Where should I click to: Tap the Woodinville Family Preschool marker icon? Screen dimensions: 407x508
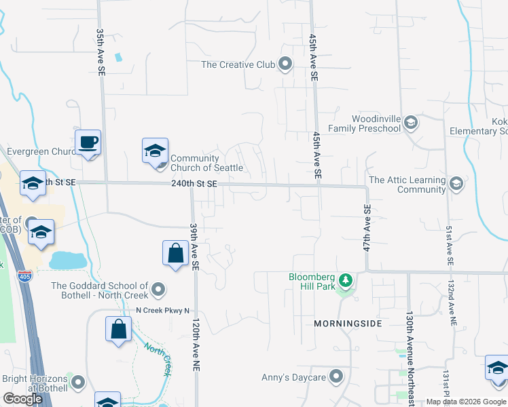410,123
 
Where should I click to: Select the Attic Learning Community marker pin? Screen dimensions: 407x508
456,184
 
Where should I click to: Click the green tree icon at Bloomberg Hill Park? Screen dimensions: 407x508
346,279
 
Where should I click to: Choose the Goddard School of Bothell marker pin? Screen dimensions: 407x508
158,290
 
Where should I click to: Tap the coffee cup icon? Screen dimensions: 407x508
88,142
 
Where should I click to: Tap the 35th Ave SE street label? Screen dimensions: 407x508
101,52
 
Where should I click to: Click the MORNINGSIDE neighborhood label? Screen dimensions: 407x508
348,324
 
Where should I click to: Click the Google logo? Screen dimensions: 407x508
22,399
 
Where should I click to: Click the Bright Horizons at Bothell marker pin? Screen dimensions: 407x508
78,384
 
